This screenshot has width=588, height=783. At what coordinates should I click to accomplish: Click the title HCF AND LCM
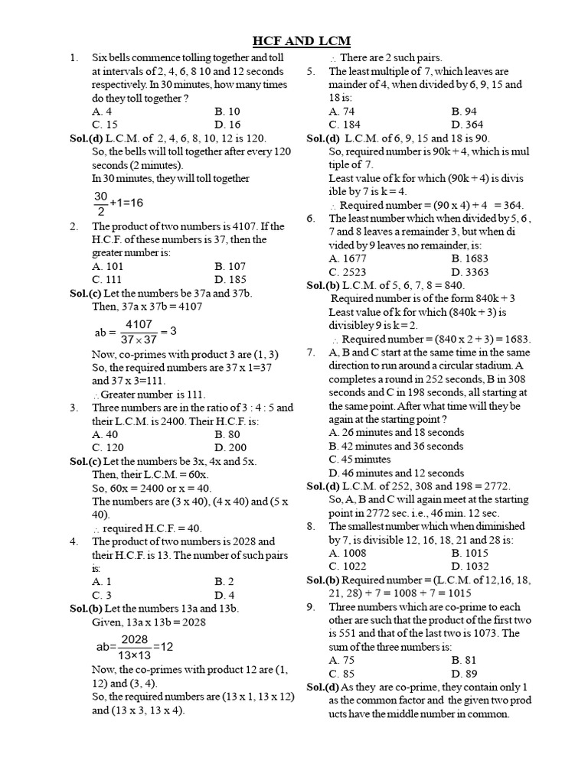pos(302,41)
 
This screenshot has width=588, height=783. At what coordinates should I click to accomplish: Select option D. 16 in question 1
pos(228,125)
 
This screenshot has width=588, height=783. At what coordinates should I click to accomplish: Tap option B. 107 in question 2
pos(230,266)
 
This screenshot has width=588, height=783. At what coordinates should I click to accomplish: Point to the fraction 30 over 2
pos(101,203)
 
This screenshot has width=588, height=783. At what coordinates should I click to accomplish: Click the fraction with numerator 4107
pos(139,331)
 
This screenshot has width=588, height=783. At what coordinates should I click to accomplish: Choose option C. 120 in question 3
pos(108,447)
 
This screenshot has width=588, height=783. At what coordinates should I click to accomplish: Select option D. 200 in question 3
pos(230,447)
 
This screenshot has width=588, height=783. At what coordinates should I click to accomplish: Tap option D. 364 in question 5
pos(467,125)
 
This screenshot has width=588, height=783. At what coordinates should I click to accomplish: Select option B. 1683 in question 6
pos(469,258)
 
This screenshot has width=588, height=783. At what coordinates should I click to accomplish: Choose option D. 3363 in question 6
pos(469,272)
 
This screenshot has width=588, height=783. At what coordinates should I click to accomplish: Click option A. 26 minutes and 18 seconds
pos(396,432)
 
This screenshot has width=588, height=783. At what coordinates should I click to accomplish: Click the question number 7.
pos(311,353)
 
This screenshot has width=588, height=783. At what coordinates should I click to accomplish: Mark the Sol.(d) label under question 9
pos(323,687)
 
